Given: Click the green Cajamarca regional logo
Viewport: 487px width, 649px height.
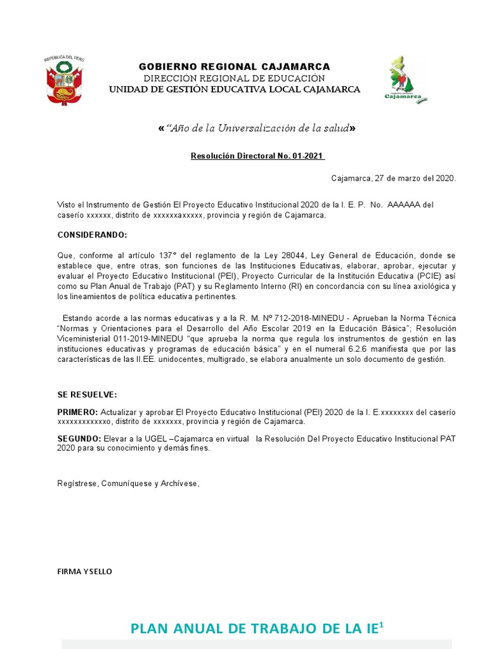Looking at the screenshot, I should pos(405,79).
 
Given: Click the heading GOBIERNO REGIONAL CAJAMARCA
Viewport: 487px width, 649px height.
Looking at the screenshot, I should pos(235,67).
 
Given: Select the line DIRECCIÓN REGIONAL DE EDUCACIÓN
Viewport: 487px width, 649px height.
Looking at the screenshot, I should pos(235,78).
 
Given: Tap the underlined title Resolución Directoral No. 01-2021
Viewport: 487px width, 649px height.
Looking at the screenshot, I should pos(258,156).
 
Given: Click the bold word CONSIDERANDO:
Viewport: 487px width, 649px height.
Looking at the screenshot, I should pos(92,235).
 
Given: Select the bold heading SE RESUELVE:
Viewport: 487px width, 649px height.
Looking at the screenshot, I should pos(87,395).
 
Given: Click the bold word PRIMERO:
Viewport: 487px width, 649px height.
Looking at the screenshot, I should pos(77,412).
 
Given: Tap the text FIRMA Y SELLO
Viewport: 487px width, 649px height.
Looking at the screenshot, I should pos(84,572).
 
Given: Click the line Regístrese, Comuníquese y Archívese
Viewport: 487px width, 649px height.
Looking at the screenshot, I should pos(128,484).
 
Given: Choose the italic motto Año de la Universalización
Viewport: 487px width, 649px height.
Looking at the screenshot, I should pos(256,129).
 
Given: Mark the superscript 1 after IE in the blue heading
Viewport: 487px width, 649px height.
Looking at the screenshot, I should pos(382,624).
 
